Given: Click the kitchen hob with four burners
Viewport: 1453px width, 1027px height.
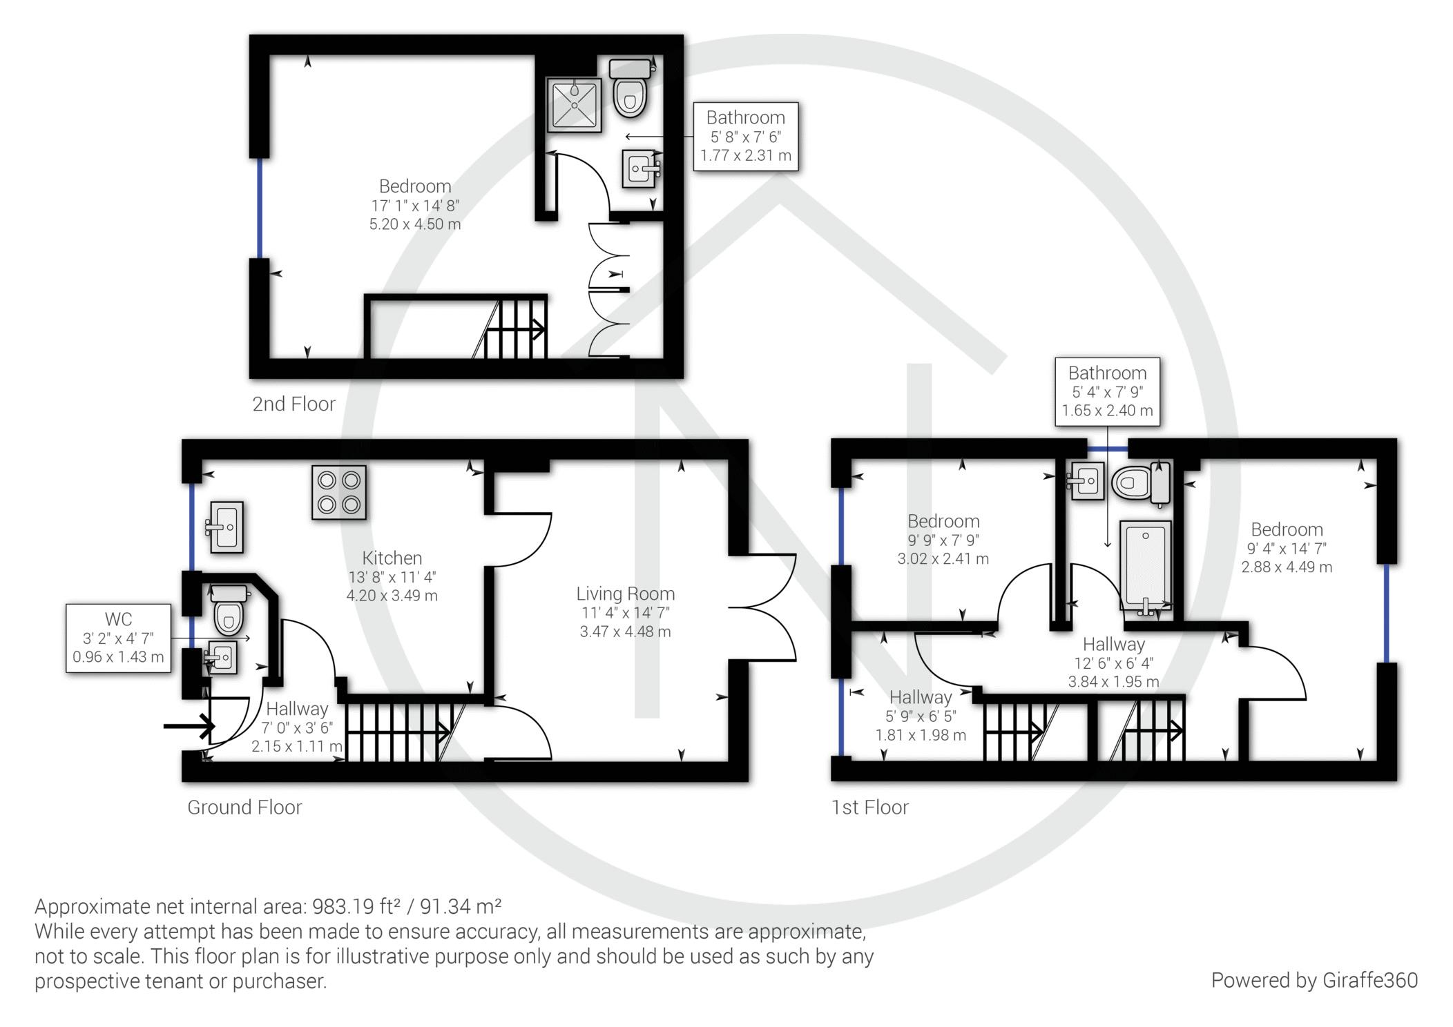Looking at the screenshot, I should [x=338, y=492].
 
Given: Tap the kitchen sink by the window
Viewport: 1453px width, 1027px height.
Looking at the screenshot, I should [x=227, y=528].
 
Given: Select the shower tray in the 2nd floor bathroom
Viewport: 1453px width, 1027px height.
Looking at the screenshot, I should [x=574, y=104].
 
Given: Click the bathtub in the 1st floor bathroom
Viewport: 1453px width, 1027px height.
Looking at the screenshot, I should [x=1145, y=565].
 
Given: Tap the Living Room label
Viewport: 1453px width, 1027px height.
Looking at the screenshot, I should [x=625, y=594].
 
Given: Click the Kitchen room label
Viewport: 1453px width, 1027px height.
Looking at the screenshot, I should [x=392, y=558].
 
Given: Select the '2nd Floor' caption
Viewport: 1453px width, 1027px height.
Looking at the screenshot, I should [x=294, y=404].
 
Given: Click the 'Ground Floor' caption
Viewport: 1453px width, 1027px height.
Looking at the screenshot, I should [x=244, y=807].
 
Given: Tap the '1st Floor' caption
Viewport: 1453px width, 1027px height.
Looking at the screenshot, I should [x=869, y=807].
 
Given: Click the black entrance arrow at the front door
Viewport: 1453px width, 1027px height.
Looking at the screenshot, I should [x=189, y=726].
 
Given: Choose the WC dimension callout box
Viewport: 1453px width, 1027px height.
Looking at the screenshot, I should [x=118, y=638].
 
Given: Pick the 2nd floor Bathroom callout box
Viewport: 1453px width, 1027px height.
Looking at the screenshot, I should [x=745, y=136].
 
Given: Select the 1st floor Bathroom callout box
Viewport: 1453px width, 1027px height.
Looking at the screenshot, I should [x=1106, y=391].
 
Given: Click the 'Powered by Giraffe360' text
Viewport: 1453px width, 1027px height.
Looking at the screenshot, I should [x=1314, y=980].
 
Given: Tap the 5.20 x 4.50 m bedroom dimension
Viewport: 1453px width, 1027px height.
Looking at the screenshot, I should [x=414, y=224].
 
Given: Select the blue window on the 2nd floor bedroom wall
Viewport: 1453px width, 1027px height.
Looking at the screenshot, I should [x=260, y=208].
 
